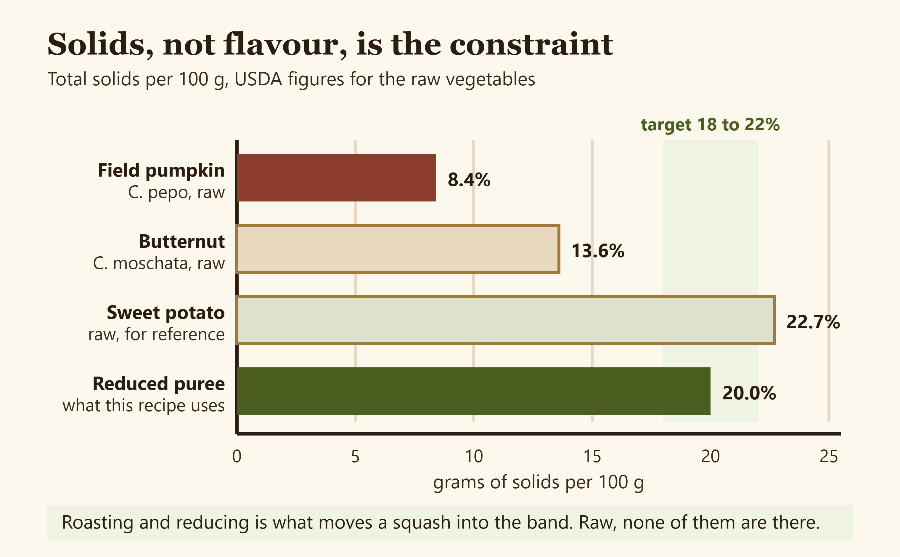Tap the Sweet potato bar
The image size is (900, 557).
[506, 320]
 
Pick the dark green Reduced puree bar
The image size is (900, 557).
[474, 391]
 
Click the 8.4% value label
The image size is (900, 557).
[469, 180]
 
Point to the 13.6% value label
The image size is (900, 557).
[598, 251]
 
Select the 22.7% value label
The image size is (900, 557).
[813, 322]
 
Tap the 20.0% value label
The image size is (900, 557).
[749, 393]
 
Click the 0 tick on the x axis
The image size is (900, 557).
[237, 457]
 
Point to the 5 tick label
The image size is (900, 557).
[355, 457]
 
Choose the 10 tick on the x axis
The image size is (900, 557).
[474, 457]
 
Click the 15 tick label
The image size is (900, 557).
[592, 457]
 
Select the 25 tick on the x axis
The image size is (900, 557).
[829, 457]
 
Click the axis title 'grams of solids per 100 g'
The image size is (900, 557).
[539, 483]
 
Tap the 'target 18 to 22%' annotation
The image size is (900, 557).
[710, 124]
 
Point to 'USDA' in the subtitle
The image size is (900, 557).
[258, 79]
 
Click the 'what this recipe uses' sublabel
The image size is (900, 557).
[144, 406]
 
